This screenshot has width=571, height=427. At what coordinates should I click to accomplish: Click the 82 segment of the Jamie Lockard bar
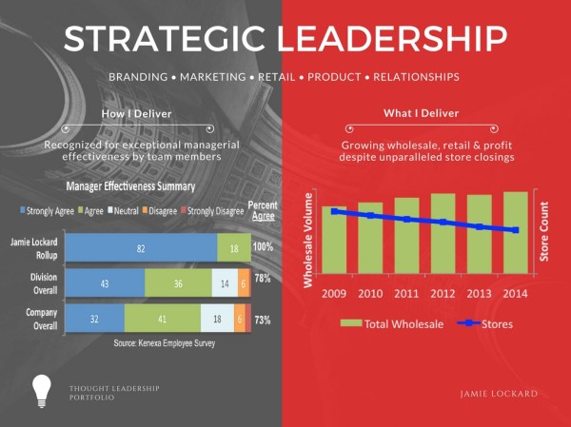140,247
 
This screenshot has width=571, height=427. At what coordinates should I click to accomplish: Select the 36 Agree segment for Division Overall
178,283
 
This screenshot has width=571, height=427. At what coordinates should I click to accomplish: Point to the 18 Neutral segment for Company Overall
218,320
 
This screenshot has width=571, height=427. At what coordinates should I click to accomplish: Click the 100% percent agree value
263,247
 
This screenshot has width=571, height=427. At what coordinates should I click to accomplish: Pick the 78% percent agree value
263,280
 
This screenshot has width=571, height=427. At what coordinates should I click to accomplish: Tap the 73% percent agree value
263,320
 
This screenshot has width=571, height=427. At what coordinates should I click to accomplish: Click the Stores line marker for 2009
333,211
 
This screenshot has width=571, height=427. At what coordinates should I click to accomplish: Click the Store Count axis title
545,231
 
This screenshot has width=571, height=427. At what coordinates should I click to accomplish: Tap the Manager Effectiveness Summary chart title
131,187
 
